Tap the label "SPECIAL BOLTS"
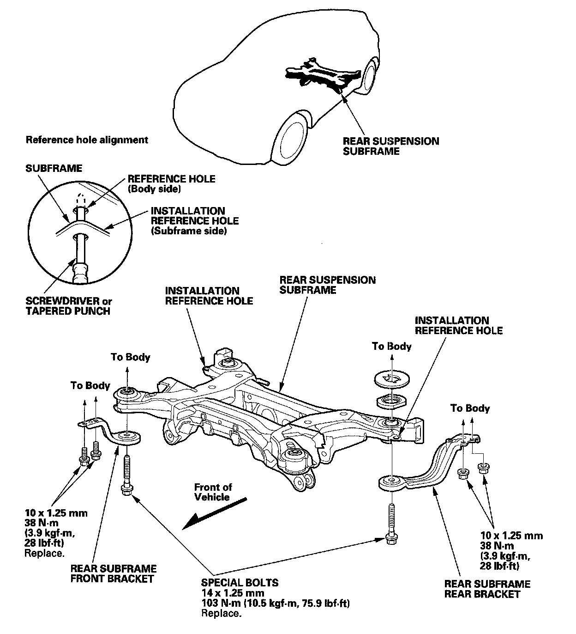click(x=240, y=583)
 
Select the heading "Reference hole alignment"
click(x=87, y=140)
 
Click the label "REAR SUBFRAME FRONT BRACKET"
click(x=114, y=573)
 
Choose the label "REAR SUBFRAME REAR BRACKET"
click(x=487, y=589)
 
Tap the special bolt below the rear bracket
click(x=391, y=522)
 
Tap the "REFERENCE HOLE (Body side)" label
click(x=171, y=184)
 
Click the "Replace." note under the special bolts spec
click(x=221, y=614)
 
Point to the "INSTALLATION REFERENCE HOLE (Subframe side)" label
click(x=195, y=220)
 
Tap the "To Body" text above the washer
click(x=392, y=347)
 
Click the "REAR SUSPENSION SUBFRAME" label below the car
click(x=390, y=146)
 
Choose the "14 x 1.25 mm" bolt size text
click(x=233, y=593)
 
